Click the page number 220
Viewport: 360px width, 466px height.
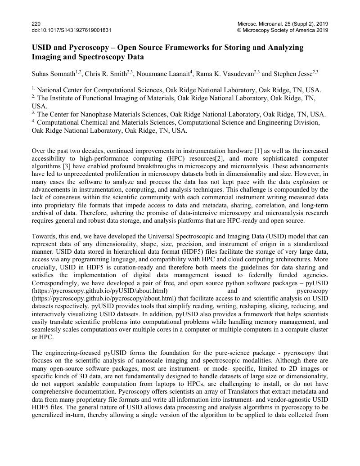coord(36,23)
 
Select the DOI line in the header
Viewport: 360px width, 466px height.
coord(72,30)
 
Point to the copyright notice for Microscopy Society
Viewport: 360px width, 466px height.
coord(283,30)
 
